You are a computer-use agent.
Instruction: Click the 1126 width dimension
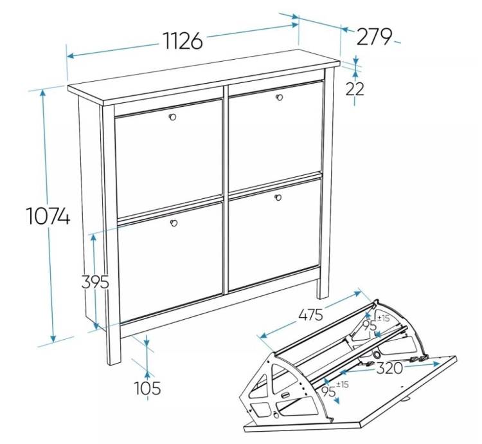tap(184, 41)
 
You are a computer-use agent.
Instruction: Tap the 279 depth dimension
tap(374, 37)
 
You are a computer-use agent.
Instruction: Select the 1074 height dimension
tap(49, 216)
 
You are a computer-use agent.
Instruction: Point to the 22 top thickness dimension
tap(354, 89)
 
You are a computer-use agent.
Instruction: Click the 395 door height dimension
tap(95, 282)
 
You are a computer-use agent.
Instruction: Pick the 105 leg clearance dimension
tap(148, 388)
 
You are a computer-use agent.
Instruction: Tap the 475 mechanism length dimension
tap(311, 315)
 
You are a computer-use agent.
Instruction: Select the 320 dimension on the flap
tap(389, 368)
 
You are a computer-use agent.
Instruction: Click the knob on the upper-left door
tap(172, 117)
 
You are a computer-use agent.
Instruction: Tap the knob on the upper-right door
tap(280, 97)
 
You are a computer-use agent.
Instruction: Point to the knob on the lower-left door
tap(174, 223)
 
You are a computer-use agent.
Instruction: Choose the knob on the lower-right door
tap(278, 198)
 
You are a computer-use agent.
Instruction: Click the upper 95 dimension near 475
tap(370, 326)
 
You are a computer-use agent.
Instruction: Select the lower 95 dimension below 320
tap(328, 391)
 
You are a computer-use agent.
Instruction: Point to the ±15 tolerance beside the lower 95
tap(343, 384)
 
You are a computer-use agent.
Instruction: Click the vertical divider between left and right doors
tap(226, 189)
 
